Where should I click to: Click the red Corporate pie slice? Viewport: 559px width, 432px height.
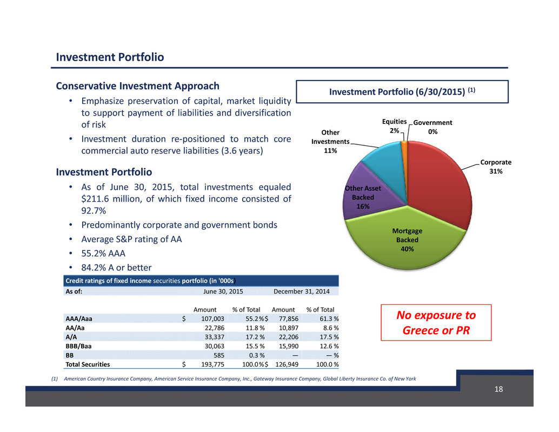440,182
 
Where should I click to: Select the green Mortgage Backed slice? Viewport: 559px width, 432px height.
407,242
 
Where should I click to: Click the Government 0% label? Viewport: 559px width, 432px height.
432,127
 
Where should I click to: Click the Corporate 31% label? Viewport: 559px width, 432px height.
496,167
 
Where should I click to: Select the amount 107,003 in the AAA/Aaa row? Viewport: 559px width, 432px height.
212,318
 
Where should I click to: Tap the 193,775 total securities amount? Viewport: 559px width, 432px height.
212,364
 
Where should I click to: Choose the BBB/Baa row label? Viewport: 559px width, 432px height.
78,346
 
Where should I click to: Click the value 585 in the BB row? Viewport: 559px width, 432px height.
219,355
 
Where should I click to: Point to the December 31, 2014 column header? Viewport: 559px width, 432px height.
301,291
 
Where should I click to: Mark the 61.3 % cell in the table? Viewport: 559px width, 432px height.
329,318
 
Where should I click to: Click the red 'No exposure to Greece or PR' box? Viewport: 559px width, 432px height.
436,323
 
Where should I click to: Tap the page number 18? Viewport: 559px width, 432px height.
498,389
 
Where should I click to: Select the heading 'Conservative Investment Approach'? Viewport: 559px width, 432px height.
138,86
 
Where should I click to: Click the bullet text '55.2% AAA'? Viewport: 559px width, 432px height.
103,254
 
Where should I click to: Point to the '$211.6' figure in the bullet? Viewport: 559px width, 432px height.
94,199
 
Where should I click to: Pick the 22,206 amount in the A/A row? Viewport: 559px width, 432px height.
288,337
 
